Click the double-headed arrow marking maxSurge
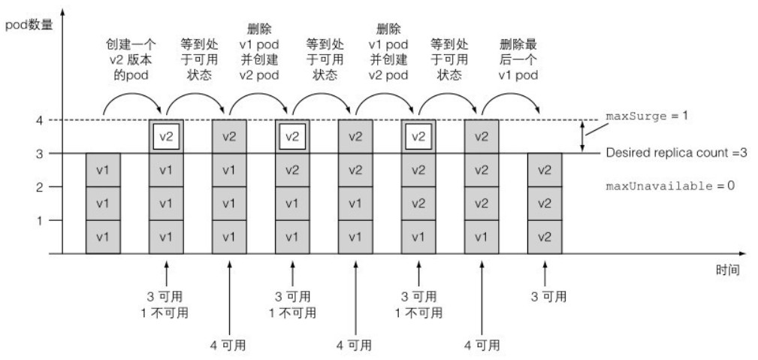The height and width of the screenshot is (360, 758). [x=582, y=137]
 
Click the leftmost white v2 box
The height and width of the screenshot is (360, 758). [x=166, y=138]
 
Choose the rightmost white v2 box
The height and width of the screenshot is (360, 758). [x=419, y=138]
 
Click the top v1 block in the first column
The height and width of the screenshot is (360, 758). [x=103, y=170]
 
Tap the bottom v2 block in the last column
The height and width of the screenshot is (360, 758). [x=545, y=237]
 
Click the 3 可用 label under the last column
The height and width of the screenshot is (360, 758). [x=545, y=296]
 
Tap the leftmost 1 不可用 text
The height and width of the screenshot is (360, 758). [x=166, y=311]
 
